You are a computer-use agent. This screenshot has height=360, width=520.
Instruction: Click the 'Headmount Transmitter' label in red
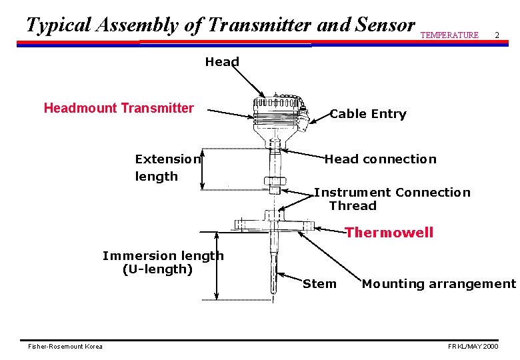click(119, 108)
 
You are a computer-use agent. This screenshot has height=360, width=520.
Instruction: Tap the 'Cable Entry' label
click(368, 114)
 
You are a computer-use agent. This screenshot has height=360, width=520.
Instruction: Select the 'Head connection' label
click(380, 159)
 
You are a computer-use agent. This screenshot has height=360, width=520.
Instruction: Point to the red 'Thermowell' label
click(389, 233)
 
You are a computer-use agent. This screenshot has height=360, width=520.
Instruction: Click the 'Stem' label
click(320, 284)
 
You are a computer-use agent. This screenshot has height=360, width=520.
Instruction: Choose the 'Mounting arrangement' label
click(439, 284)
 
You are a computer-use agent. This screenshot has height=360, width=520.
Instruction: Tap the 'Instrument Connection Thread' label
click(392, 199)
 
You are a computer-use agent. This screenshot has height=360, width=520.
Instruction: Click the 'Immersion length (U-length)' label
click(163, 263)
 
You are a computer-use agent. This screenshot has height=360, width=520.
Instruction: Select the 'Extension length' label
click(167, 167)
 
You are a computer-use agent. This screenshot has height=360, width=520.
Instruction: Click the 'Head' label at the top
click(222, 62)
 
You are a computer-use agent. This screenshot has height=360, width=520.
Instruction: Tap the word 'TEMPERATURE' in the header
click(449, 35)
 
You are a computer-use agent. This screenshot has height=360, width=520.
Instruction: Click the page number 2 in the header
click(497, 35)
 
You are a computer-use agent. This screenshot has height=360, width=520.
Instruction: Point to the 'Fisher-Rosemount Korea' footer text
click(65, 347)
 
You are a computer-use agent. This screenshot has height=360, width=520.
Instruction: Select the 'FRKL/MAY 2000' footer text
click(473, 347)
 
